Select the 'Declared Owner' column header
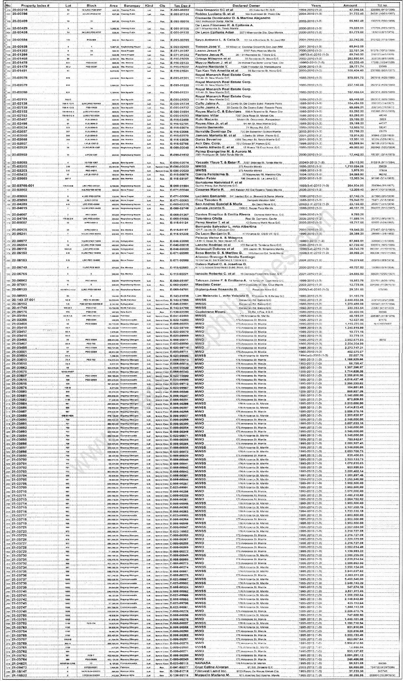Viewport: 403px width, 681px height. coord(246,5)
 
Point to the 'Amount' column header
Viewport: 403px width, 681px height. coord(350,5)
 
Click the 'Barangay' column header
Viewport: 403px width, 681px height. coord(132,5)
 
